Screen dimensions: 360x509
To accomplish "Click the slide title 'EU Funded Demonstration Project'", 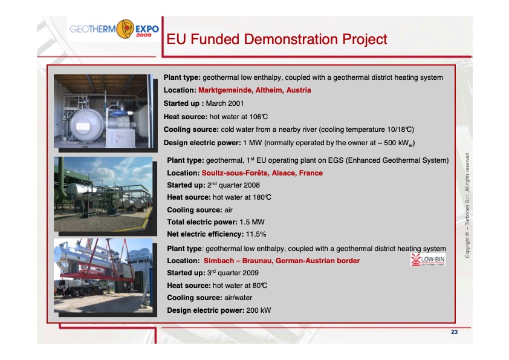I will [x=276, y=40].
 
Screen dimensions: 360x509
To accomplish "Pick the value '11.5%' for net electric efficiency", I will [x=254, y=234].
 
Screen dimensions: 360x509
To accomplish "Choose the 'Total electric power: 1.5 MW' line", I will [x=215, y=221].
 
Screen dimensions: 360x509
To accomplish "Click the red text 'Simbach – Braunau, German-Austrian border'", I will [x=282, y=261].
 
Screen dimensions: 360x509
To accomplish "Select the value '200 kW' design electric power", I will [x=258, y=310].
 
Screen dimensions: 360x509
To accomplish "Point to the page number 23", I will [x=454, y=333].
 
